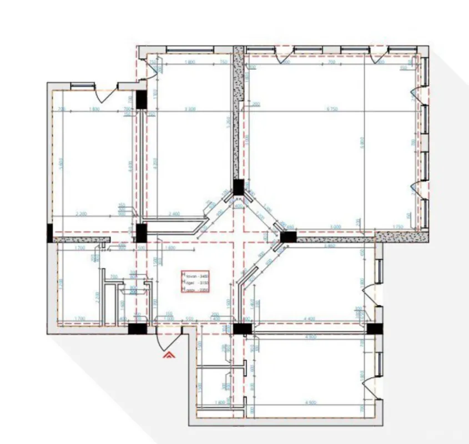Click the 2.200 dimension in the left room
(x=82, y=214)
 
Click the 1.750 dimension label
(x=397, y=226)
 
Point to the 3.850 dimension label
(x=329, y=245)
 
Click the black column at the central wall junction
(x=239, y=187)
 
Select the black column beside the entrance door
(x=137, y=329)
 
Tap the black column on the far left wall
(x=50, y=233)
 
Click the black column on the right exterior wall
(x=375, y=329)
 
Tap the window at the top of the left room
(x=82, y=85)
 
